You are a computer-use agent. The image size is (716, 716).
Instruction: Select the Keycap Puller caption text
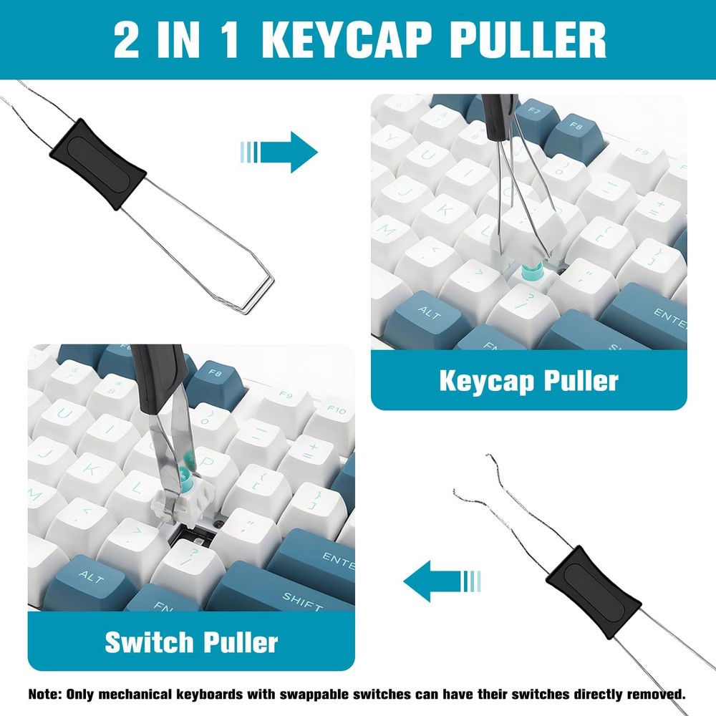[x=528, y=381]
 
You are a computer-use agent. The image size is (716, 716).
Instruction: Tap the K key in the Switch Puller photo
[x=92, y=469]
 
